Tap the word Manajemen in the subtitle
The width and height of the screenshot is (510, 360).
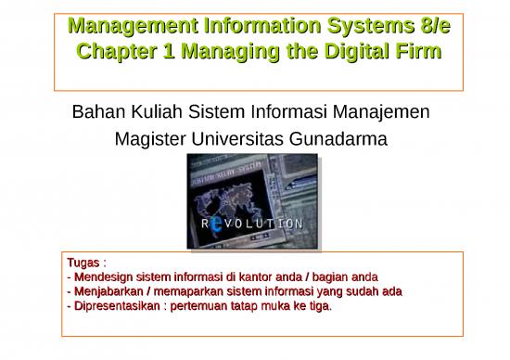[382, 115]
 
